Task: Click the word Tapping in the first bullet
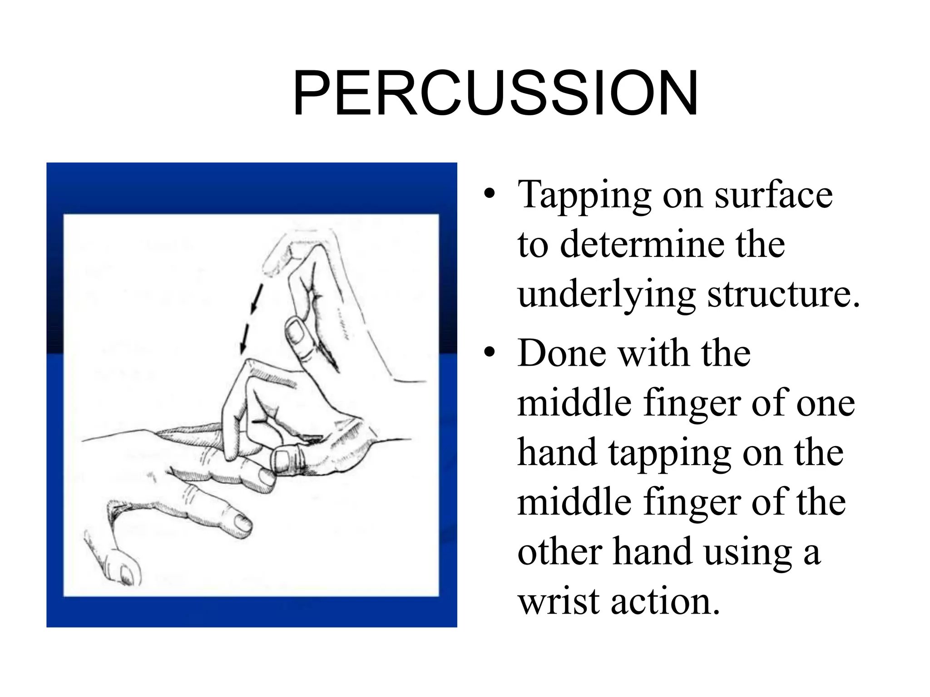[584, 196]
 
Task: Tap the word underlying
[607, 295]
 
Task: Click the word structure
[783, 295]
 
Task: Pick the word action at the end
[665, 601]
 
